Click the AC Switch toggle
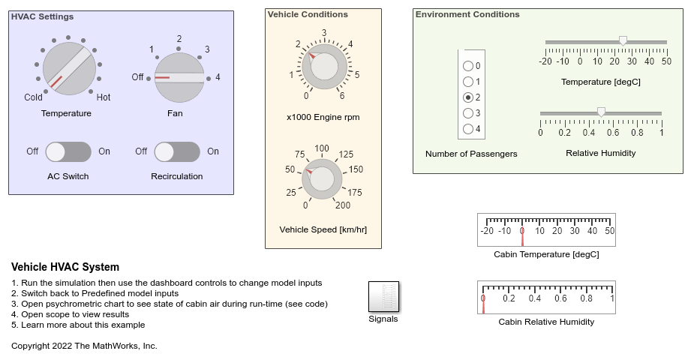pyautogui.click(x=68, y=151)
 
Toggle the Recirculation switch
pyautogui.click(x=177, y=151)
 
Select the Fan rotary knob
pyautogui.click(x=180, y=77)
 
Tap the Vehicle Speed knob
pyautogui.click(x=322, y=178)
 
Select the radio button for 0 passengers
pyautogui.click(x=468, y=66)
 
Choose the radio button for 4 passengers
pyautogui.click(x=468, y=129)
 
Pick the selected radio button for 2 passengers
pyautogui.click(x=468, y=97)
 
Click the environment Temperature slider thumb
pyautogui.click(x=623, y=41)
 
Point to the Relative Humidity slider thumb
pyautogui.click(x=601, y=112)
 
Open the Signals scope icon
pyautogui.click(x=383, y=297)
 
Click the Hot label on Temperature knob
pyautogui.click(x=104, y=97)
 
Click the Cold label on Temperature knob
pyautogui.click(x=34, y=97)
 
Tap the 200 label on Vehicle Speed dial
pyautogui.click(x=342, y=205)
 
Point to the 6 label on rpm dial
pyautogui.click(x=342, y=96)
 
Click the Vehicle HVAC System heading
pyautogui.click(x=65, y=268)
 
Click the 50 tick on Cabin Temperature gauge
pyautogui.click(x=609, y=231)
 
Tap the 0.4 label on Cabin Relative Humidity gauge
pyautogui.click(x=535, y=298)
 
